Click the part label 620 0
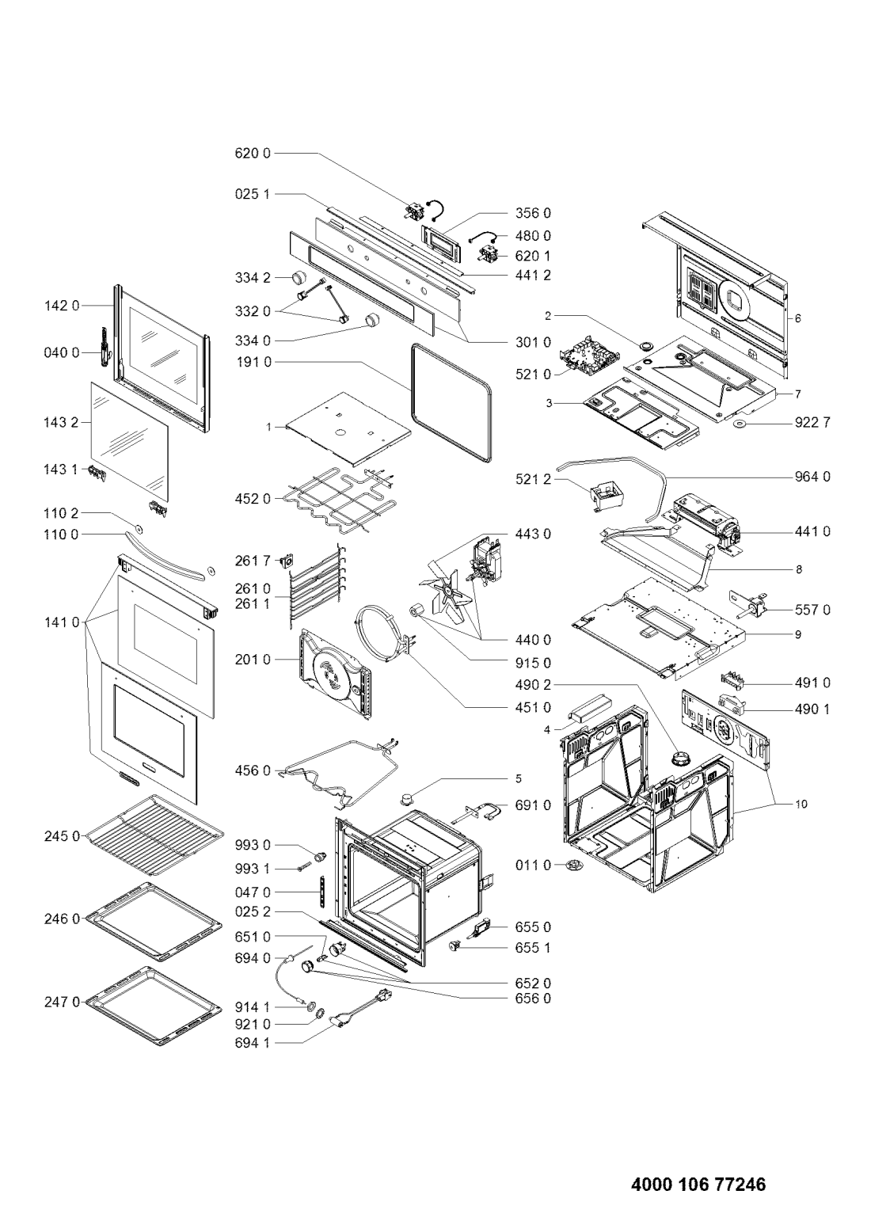pyautogui.click(x=253, y=154)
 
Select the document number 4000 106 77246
pyautogui.click(x=698, y=1181)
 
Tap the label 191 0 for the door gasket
pyautogui.click(x=253, y=362)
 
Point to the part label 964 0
pyautogui.click(x=812, y=477)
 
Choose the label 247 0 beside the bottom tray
pyautogui.click(x=62, y=1002)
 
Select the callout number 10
pyautogui.click(x=801, y=805)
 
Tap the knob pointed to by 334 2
pyautogui.click(x=298, y=277)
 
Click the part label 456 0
pyautogui.click(x=253, y=771)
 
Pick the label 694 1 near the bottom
pyautogui.click(x=252, y=1043)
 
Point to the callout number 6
pyautogui.click(x=797, y=318)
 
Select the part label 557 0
pyautogui.click(x=812, y=610)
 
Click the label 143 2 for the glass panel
pyautogui.click(x=61, y=422)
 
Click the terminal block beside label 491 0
pyautogui.click(x=736, y=683)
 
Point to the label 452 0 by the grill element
pyautogui.click(x=253, y=500)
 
